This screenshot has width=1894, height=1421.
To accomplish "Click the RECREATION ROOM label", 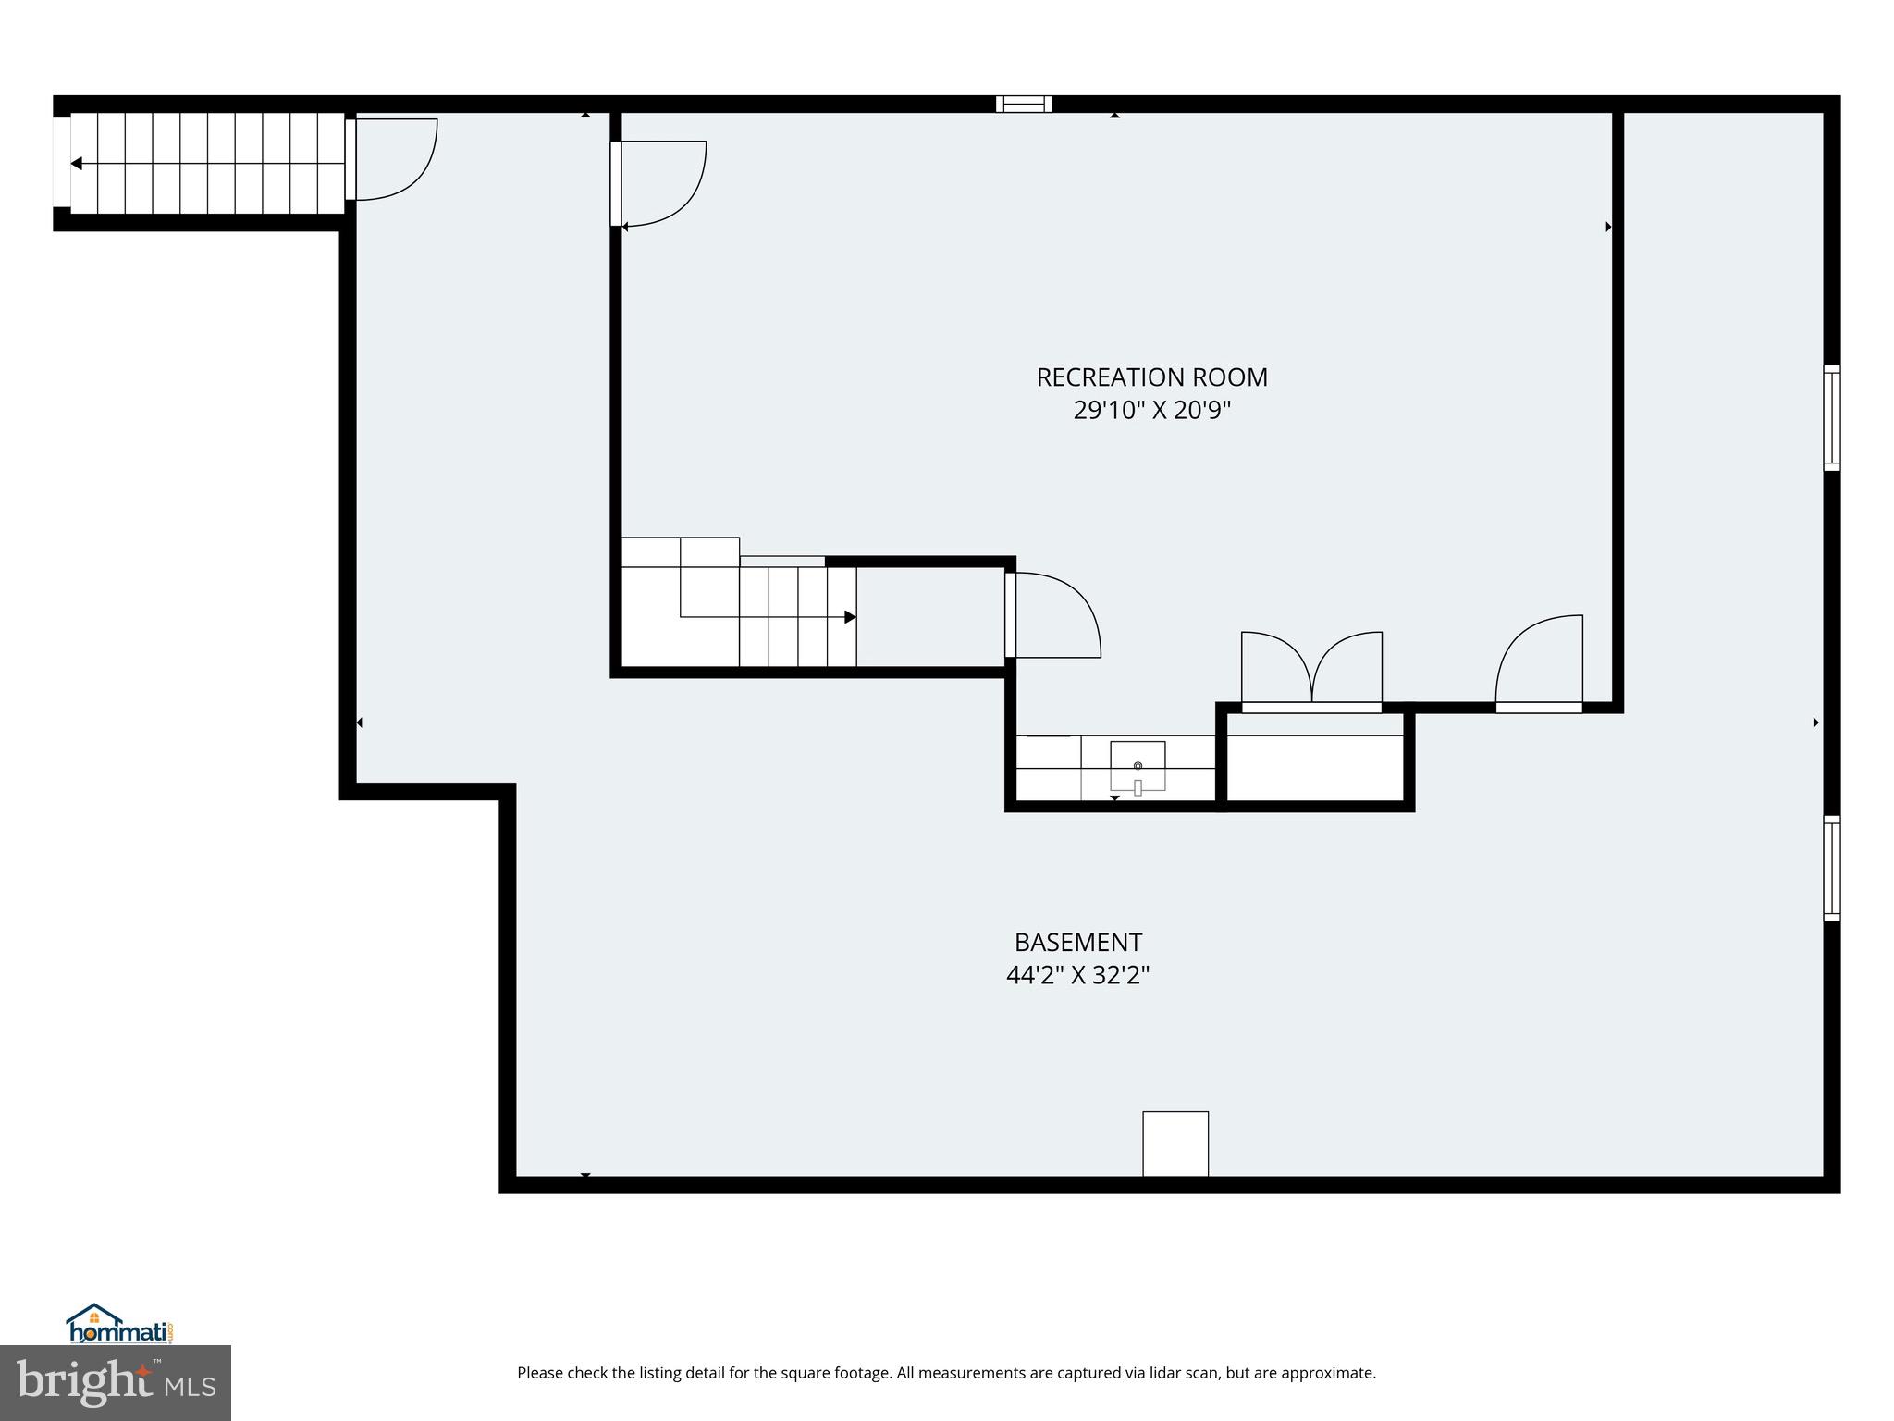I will tap(1151, 377).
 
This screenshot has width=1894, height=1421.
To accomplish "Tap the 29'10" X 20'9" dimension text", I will tap(1151, 410).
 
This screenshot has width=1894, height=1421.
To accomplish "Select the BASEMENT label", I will tap(1078, 942).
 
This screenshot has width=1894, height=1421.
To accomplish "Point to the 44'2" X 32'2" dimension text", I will tap(1078, 975).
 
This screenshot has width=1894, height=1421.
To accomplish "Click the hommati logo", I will tap(119, 1325).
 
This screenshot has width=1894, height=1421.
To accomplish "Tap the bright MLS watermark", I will tap(116, 1383).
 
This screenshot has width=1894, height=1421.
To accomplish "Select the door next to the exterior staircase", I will tap(393, 159).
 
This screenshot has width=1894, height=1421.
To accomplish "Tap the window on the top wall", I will tap(1024, 104).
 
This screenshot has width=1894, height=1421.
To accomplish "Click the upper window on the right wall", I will tap(1831, 418).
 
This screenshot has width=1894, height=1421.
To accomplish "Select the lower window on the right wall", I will tap(1831, 869).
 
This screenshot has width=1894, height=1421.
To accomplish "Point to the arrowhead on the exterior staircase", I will tap(77, 164).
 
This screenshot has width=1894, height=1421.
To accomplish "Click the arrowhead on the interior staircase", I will tap(850, 617).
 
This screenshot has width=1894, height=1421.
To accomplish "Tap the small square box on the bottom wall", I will tap(1175, 1143).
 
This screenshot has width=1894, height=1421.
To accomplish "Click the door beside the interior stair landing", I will tap(1052, 616).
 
